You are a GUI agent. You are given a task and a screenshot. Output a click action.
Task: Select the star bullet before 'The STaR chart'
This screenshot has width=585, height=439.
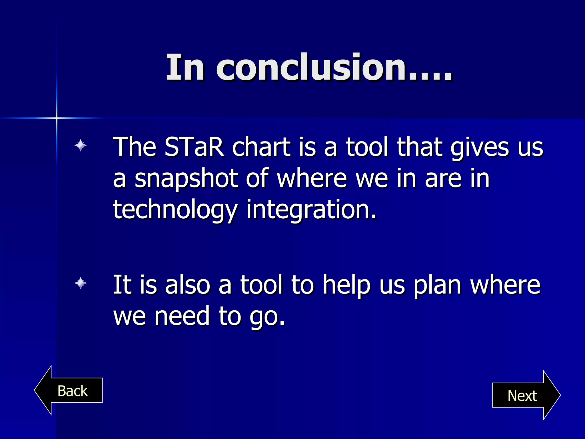(81, 145)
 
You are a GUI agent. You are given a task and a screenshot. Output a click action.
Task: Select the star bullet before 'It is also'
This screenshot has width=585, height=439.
(81, 283)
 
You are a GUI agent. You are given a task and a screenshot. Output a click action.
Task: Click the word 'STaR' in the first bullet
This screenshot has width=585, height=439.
(194, 147)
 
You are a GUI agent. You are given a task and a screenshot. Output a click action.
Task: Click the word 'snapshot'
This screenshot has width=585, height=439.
(186, 179)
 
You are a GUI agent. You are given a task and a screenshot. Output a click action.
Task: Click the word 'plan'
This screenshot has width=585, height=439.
(437, 285)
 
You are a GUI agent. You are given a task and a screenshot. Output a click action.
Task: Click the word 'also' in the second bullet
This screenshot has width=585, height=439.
(187, 285)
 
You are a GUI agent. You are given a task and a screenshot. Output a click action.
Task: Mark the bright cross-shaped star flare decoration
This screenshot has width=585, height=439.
(57, 118)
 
